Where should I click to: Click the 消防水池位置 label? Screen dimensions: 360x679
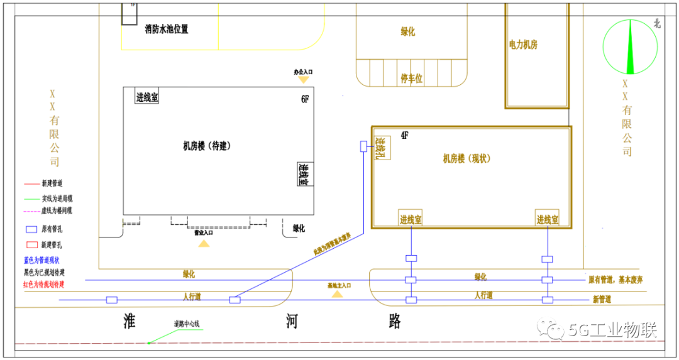point(166,29)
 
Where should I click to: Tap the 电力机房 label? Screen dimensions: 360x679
point(523,45)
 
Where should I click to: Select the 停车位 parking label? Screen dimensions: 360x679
point(411,79)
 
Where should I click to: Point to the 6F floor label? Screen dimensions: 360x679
point(305,99)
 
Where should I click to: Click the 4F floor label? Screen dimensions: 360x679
point(405,135)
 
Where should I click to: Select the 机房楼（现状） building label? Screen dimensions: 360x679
point(466,159)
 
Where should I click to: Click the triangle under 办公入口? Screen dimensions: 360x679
point(303,80)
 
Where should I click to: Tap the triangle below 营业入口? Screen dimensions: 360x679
point(204,243)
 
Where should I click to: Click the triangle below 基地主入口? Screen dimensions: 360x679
point(338,293)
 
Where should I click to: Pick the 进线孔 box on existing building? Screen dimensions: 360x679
point(382,148)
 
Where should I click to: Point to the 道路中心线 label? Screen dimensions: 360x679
point(187,324)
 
